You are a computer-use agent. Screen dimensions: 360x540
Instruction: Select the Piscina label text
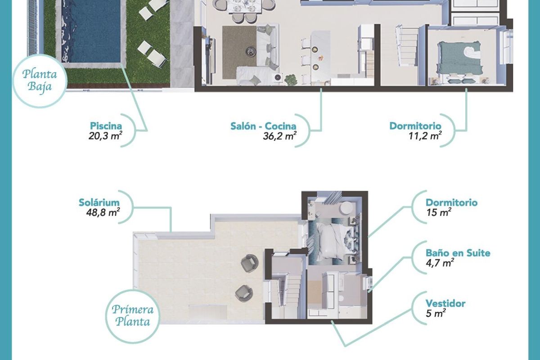tap(106, 126)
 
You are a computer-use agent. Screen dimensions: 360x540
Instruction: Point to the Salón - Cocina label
tap(263, 126)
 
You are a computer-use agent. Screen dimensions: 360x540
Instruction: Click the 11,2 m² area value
tap(423, 136)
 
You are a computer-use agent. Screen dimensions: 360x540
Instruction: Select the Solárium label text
tap(98, 202)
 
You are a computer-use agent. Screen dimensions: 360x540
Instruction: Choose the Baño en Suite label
tap(458, 253)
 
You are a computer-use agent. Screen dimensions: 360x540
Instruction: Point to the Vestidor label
tap(445, 303)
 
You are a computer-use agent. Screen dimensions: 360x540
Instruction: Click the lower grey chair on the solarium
tap(243, 293)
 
